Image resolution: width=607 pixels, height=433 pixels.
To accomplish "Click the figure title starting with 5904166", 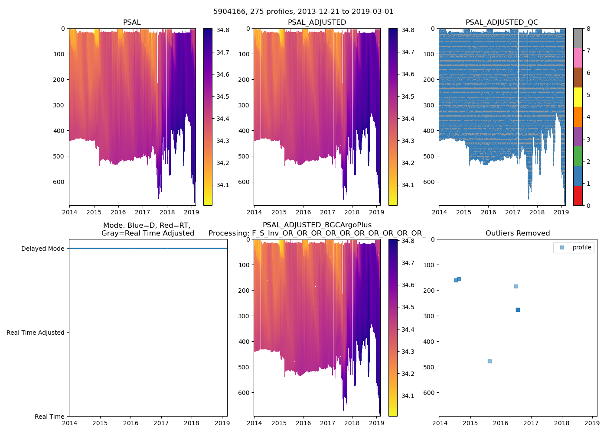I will pos(303,12).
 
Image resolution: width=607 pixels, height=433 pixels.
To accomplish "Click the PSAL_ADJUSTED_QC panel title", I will pos(502,23).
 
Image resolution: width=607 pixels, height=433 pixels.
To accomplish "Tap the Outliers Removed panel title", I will pos(518,233).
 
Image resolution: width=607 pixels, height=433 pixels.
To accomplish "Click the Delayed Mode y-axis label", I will pos(42,249).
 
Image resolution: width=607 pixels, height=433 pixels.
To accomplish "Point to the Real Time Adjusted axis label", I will pos(35,333).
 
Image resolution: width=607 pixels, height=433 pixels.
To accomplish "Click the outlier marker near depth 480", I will pos(490,361).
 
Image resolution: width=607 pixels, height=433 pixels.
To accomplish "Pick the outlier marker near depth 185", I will pos(516,286).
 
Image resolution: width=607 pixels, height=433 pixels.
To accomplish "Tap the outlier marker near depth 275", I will pos(518,310).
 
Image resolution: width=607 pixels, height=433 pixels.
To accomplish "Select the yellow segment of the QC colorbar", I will pos(578,97).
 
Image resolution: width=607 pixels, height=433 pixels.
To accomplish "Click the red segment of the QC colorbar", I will pos(578,195).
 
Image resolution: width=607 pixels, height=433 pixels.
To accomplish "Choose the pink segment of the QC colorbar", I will pos(578,58).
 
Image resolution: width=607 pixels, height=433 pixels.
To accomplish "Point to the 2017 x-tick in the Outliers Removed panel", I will pos(531,423).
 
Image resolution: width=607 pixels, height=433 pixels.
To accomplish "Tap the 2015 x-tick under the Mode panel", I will pos(100,423).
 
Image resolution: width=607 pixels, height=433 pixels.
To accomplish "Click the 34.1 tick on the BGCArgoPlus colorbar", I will pos(408,396).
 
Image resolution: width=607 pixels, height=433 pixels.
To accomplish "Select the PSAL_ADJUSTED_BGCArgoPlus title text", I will pos(317,225).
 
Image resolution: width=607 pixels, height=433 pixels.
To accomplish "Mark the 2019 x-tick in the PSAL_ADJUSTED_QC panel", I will pos(561,212).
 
